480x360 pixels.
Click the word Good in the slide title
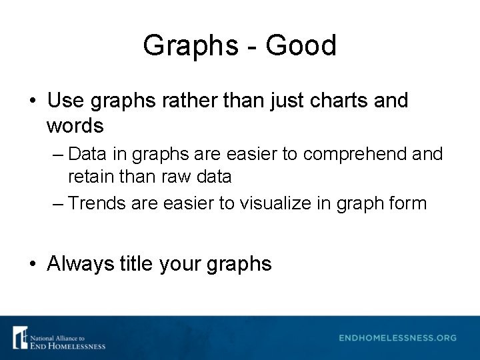(x=301, y=46)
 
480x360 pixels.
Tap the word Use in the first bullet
(x=65, y=101)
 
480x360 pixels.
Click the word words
(x=75, y=125)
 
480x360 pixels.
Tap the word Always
(x=81, y=264)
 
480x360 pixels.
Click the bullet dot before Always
(x=33, y=265)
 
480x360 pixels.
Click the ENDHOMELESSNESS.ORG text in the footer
(x=397, y=338)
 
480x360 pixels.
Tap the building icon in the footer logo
(x=20, y=337)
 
